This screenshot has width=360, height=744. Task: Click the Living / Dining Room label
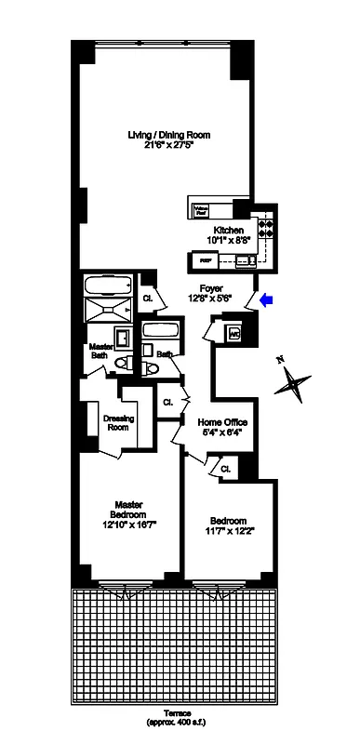[x=169, y=135]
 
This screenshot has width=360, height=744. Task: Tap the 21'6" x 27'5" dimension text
[x=169, y=145]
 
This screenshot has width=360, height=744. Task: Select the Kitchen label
[x=229, y=230]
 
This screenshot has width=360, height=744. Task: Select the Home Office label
[x=221, y=421]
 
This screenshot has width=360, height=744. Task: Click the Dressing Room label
[x=117, y=423]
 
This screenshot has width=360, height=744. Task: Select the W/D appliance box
[x=233, y=332]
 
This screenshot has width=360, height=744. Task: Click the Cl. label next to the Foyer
[x=148, y=298]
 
